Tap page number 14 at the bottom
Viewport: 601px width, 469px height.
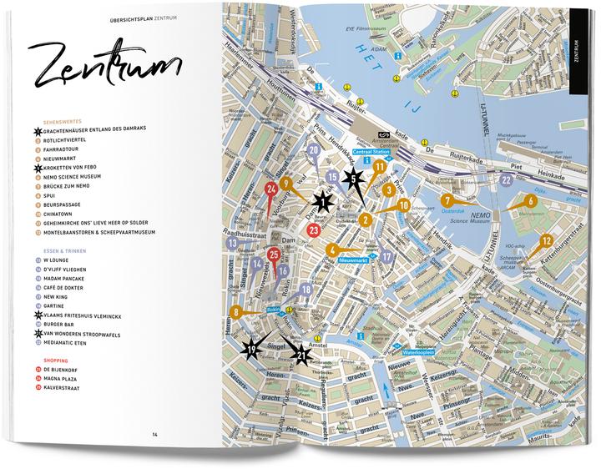click(155, 433)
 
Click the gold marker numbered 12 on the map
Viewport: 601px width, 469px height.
click(546, 241)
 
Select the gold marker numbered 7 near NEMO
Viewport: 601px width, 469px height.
click(447, 201)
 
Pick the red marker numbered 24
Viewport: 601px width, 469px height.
click(270, 189)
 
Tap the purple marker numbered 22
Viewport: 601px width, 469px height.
click(506, 179)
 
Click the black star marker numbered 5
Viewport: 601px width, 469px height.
click(353, 177)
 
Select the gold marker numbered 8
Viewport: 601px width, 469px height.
click(236, 313)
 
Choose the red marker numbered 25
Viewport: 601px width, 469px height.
click(274, 255)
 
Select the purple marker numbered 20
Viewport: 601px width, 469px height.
click(313, 151)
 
